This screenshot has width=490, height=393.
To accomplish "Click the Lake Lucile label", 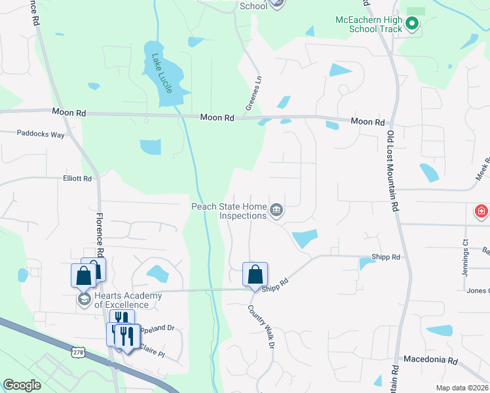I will (x=162, y=73).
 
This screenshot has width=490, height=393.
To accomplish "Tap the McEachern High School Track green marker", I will (x=411, y=25).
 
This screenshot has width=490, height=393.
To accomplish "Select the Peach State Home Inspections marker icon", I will (x=276, y=210).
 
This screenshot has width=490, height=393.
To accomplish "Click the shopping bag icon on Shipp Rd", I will (x=255, y=274).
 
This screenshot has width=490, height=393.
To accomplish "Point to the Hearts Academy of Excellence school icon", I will (x=84, y=299).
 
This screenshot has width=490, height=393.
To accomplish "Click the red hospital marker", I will (x=481, y=211).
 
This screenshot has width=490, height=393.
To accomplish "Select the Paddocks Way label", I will (x=41, y=134).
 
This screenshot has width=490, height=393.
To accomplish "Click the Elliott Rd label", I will (x=77, y=178).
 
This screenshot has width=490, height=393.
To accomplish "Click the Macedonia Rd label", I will (x=430, y=360).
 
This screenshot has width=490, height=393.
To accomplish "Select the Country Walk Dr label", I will (x=260, y=327).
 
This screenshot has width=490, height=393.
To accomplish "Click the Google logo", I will (x=22, y=385).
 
